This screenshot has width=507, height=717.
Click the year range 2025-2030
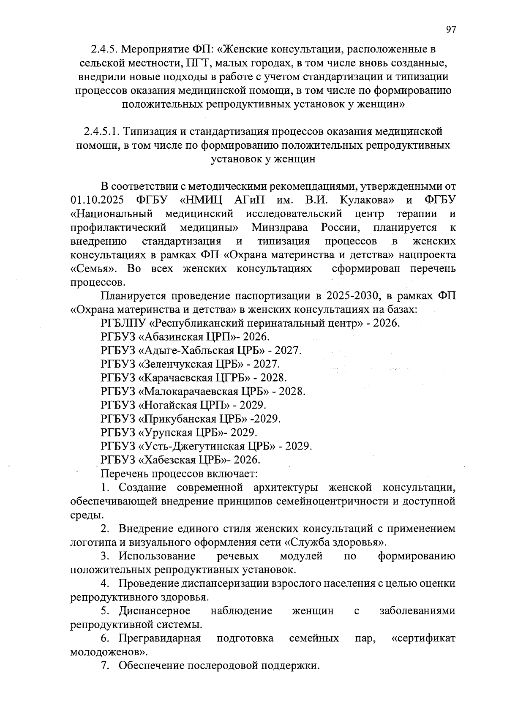(x=349, y=295)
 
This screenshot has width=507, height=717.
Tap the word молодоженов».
(x=109, y=652)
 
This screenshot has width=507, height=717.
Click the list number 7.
(x=104, y=666)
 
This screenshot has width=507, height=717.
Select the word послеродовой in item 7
(x=223, y=666)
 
